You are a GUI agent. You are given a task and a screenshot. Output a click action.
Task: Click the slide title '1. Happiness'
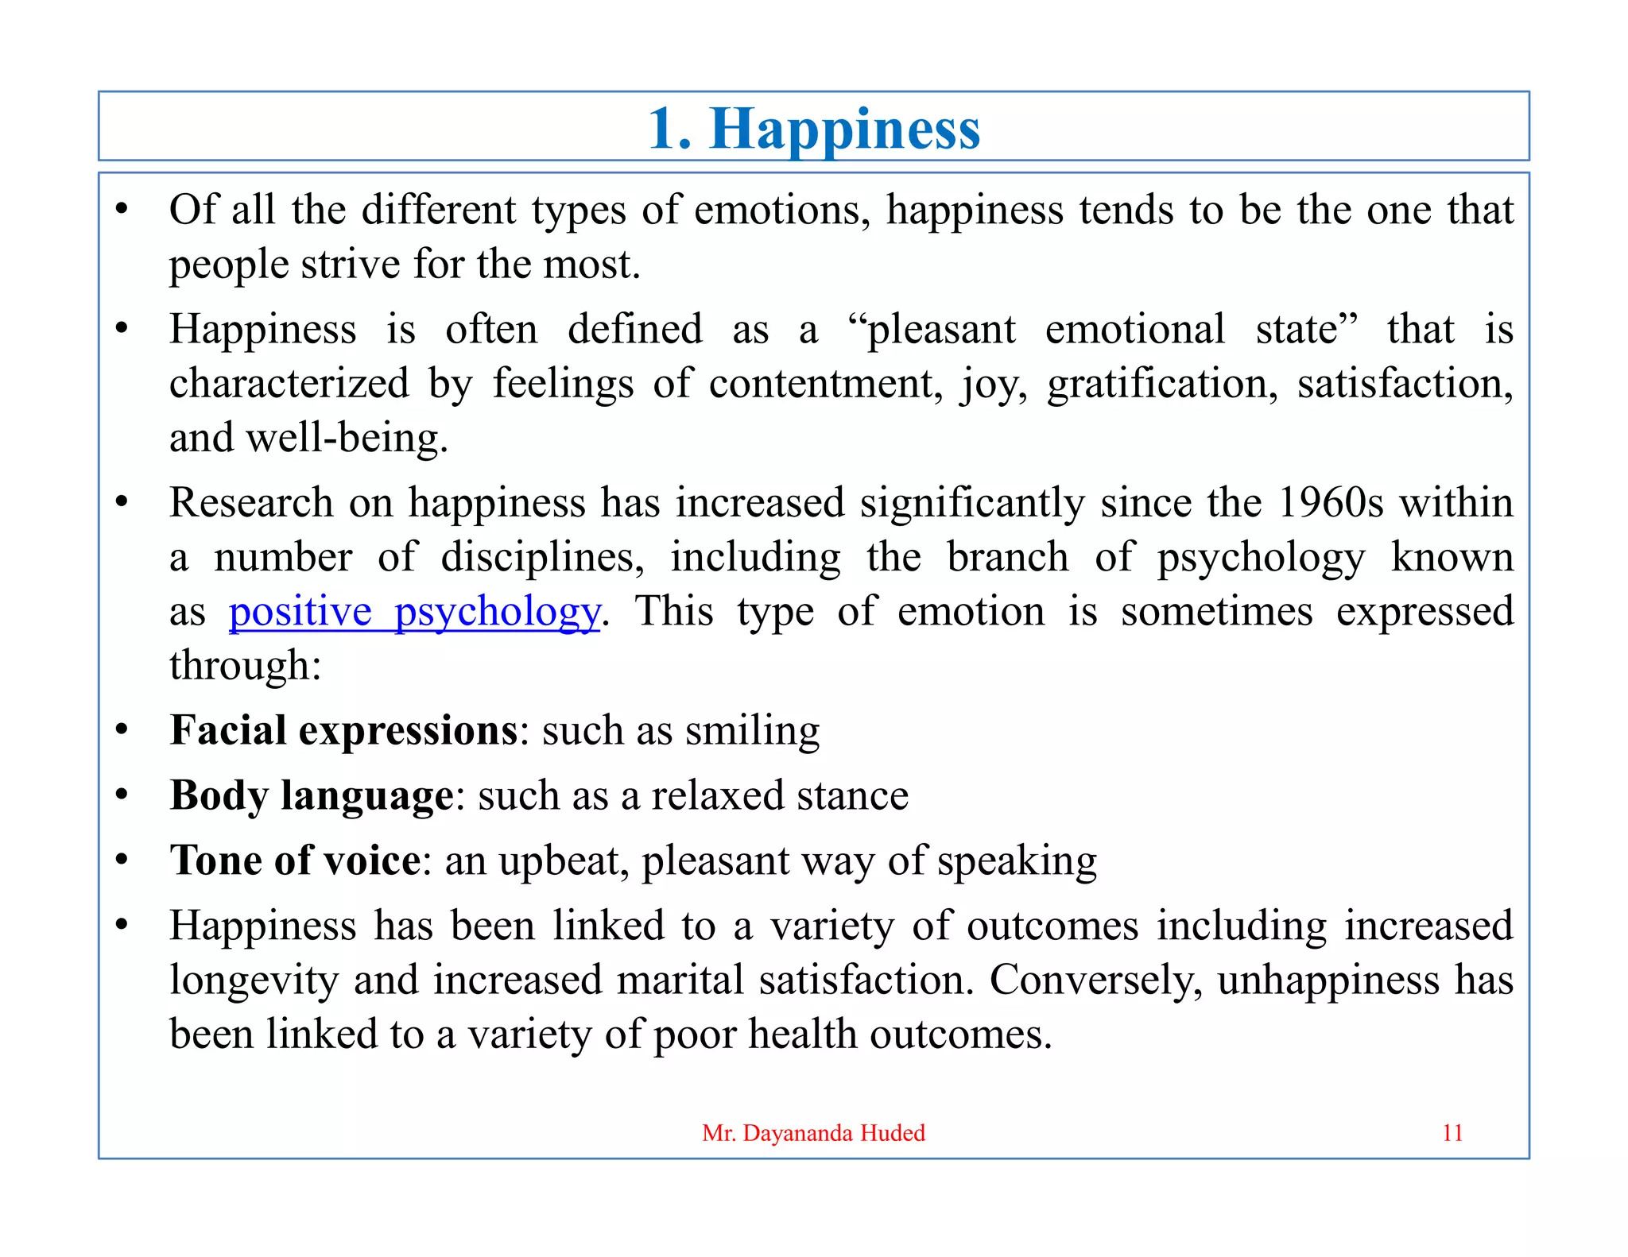(x=814, y=129)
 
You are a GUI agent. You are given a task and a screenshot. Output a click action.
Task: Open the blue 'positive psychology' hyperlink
(x=414, y=612)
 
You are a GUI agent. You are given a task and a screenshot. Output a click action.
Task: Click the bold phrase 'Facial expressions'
(x=343, y=730)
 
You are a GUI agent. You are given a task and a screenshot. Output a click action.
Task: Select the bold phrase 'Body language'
(x=312, y=795)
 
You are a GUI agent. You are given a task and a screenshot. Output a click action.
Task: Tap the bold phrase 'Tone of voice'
(x=295, y=861)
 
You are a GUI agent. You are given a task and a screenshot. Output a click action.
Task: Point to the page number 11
(x=1452, y=1133)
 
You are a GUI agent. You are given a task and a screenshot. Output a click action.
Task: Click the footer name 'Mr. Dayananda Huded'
(x=813, y=1133)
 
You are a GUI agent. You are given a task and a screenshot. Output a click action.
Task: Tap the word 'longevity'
(x=254, y=980)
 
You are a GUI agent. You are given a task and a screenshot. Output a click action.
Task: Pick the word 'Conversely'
(x=1095, y=980)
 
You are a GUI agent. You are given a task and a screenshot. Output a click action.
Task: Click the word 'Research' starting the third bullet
(x=251, y=503)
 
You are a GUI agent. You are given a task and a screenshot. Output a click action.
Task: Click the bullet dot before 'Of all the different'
(x=122, y=211)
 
